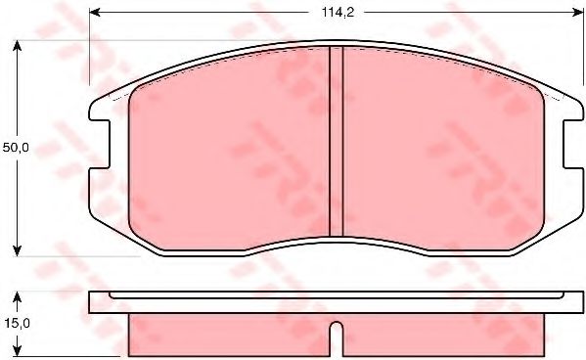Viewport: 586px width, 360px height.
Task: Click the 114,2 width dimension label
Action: [x=338, y=13]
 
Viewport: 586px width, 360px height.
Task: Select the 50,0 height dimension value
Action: [x=16, y=148]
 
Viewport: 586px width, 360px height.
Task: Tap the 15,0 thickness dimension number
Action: [x=16, y=323]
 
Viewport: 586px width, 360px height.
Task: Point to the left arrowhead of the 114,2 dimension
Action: [x=95, y=13]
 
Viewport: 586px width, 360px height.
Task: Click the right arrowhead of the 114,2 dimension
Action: [x=578, y=13]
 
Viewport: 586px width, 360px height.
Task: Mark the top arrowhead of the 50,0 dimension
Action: [x=17, y=46]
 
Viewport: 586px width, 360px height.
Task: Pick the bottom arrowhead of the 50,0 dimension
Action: [x=17, y=250]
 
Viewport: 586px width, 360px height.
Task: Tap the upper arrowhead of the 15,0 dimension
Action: [x=17, y=297]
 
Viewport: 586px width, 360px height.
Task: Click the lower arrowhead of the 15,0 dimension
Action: [x=17, y=350]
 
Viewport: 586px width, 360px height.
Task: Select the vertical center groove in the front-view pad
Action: [x=336, y=141]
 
